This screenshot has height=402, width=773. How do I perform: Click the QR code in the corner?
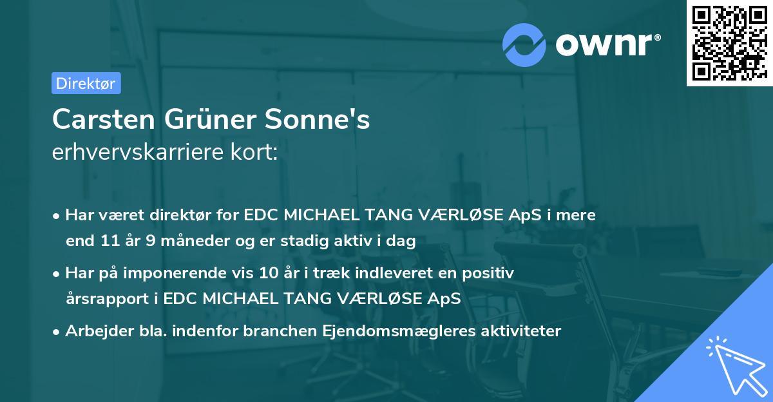729,43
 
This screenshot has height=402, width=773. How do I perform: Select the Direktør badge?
86,82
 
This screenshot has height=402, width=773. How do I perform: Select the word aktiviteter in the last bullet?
519,331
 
